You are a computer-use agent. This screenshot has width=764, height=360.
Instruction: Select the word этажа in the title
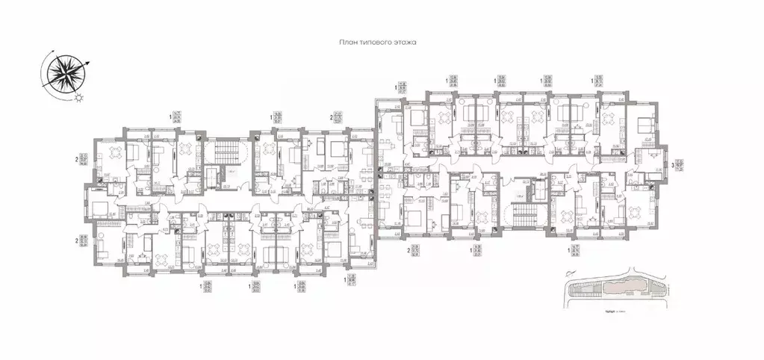[x=404, y=43]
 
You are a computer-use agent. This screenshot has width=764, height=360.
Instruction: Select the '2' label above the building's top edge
[x=331, y=117]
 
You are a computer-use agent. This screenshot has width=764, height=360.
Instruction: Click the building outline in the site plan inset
[x=612, y=288]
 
